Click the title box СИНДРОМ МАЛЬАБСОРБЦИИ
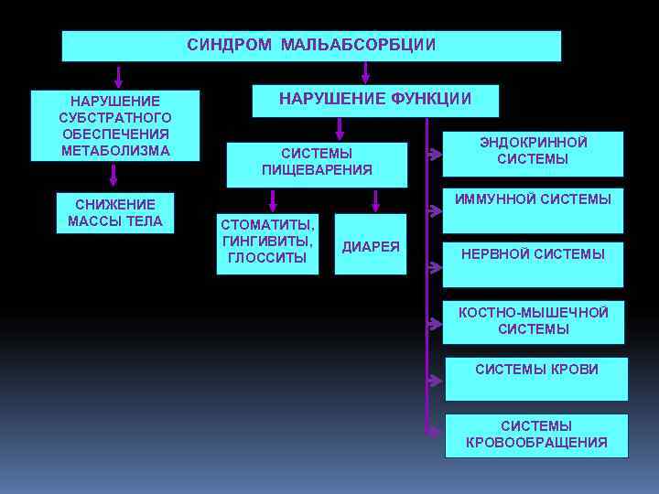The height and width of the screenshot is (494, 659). pyautogui.click(x=311, y=46)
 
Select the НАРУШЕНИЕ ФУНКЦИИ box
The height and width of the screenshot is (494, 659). pyautogui.click(x=375, y=100)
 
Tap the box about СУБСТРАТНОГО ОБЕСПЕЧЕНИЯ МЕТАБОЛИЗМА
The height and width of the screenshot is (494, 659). pyautogui.click(x=115, y=125)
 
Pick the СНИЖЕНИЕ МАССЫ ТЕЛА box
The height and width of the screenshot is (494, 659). pyautogui.click(x=115, y=212)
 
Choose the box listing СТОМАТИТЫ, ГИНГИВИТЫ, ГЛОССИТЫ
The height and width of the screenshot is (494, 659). pyautogui.click(x=267, y=244)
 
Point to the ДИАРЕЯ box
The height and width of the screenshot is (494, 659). pyautogui.click(x=371, y=246)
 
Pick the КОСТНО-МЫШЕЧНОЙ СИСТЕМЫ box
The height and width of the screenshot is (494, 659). pyautogui.click(x=533, y=321)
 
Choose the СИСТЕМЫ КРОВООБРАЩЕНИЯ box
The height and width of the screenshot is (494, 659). pyautogui.click(x=536, y=435)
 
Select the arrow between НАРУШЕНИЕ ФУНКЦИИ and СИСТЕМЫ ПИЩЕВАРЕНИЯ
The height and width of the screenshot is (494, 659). pyautogui.click(x=340, y=129)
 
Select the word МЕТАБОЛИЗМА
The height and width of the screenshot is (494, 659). pyautogui.click(x=115, y=150)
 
